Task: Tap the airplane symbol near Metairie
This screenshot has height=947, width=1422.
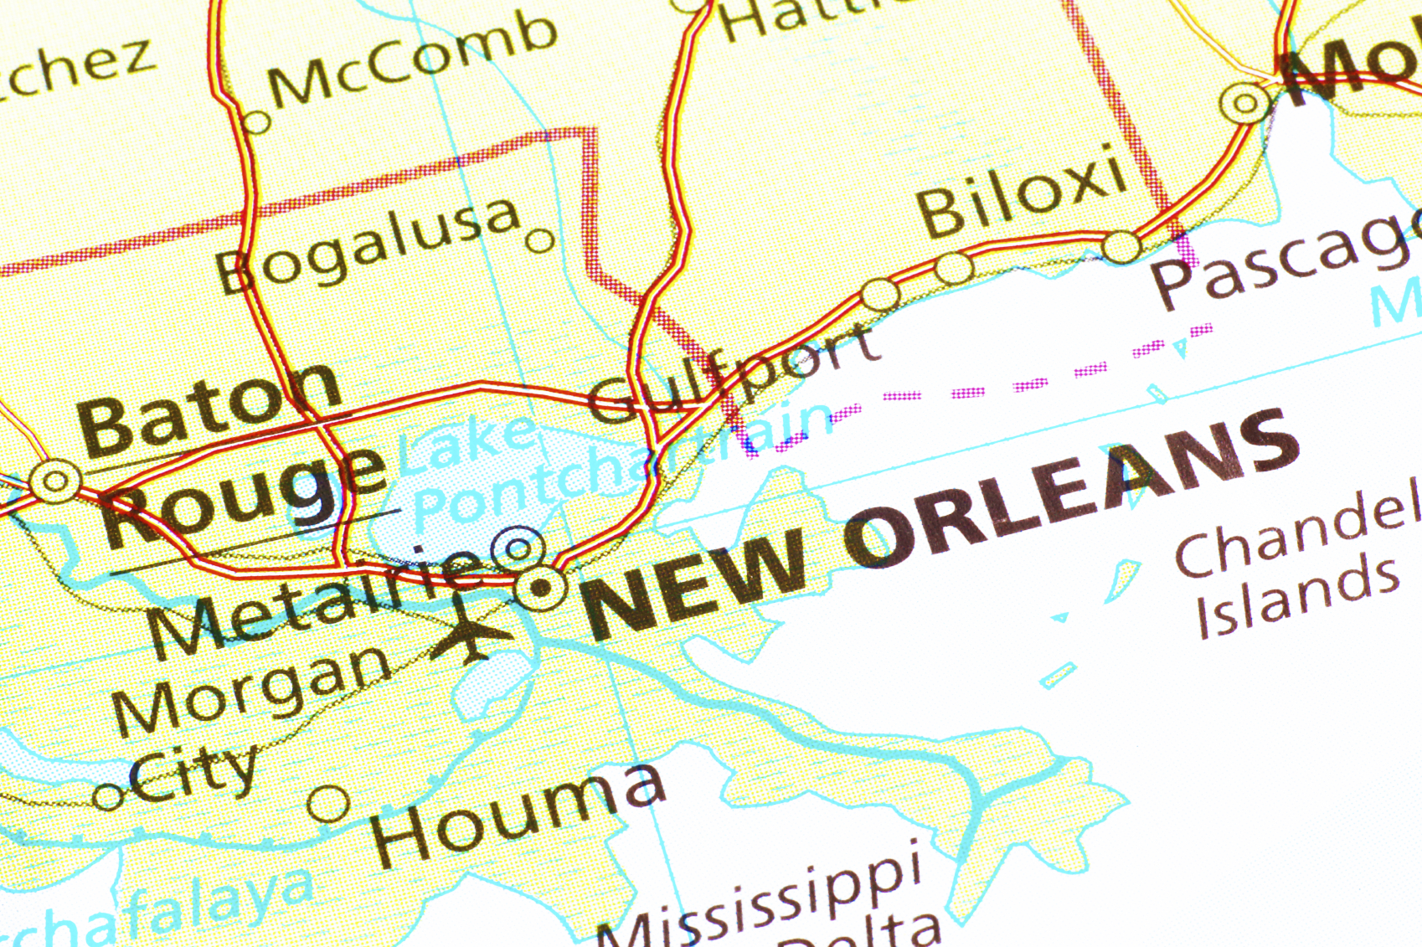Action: tap(470, 628)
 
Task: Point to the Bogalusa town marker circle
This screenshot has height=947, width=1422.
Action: tap(540, 241)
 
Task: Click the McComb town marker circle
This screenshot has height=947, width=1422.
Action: tap(256, 123)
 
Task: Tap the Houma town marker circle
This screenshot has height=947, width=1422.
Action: tap(328, 804)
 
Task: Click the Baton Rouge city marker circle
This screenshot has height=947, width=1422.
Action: tap(55, 481)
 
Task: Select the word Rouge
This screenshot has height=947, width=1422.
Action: tap(243, 494)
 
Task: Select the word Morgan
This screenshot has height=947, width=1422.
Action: tap(251, 687)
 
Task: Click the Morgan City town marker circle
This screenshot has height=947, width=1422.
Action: tap(108, 795)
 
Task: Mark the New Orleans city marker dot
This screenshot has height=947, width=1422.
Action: tap(542, 588)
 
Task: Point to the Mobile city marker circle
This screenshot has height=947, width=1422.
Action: tap(1245, 104)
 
